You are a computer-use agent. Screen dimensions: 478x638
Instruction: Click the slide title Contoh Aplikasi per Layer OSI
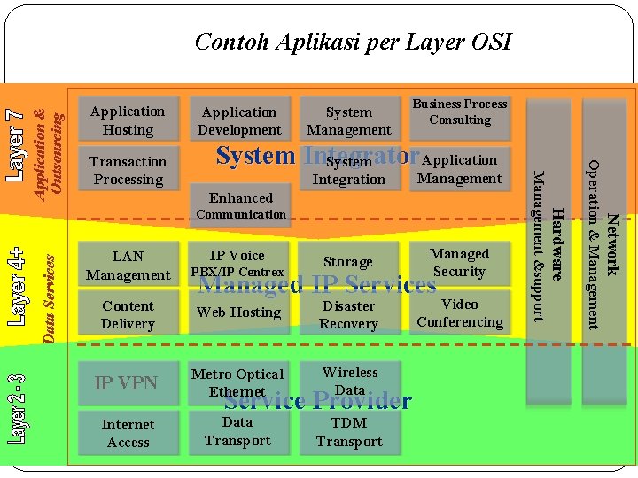[353, 42]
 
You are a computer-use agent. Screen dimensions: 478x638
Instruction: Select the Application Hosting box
[128, 120]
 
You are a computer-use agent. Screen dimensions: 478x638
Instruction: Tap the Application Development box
[240, 120]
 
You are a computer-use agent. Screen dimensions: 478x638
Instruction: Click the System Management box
[348, 120]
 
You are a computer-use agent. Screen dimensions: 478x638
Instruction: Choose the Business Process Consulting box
[460, 112]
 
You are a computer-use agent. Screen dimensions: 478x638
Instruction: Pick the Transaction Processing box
[128, 170]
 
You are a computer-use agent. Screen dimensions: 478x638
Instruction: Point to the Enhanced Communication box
[240, 205]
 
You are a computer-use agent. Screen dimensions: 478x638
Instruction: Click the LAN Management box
[128, 266]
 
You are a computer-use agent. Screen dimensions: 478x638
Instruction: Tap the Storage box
[348, 262]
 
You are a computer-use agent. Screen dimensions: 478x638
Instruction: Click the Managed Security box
[459, 263]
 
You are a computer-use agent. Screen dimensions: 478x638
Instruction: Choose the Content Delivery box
[128, 314]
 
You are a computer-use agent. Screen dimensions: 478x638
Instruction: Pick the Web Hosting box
[239, 312]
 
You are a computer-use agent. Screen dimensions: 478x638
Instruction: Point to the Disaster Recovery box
[348, 314]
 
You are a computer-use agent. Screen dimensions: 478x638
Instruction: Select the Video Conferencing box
[459, 312]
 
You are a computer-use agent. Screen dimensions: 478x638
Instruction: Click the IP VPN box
[127, 382]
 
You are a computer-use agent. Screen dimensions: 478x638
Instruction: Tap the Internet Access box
[128, 433]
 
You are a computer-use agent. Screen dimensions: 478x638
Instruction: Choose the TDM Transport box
[348, 432]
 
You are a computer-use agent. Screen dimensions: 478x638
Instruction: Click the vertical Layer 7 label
[16, 146]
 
